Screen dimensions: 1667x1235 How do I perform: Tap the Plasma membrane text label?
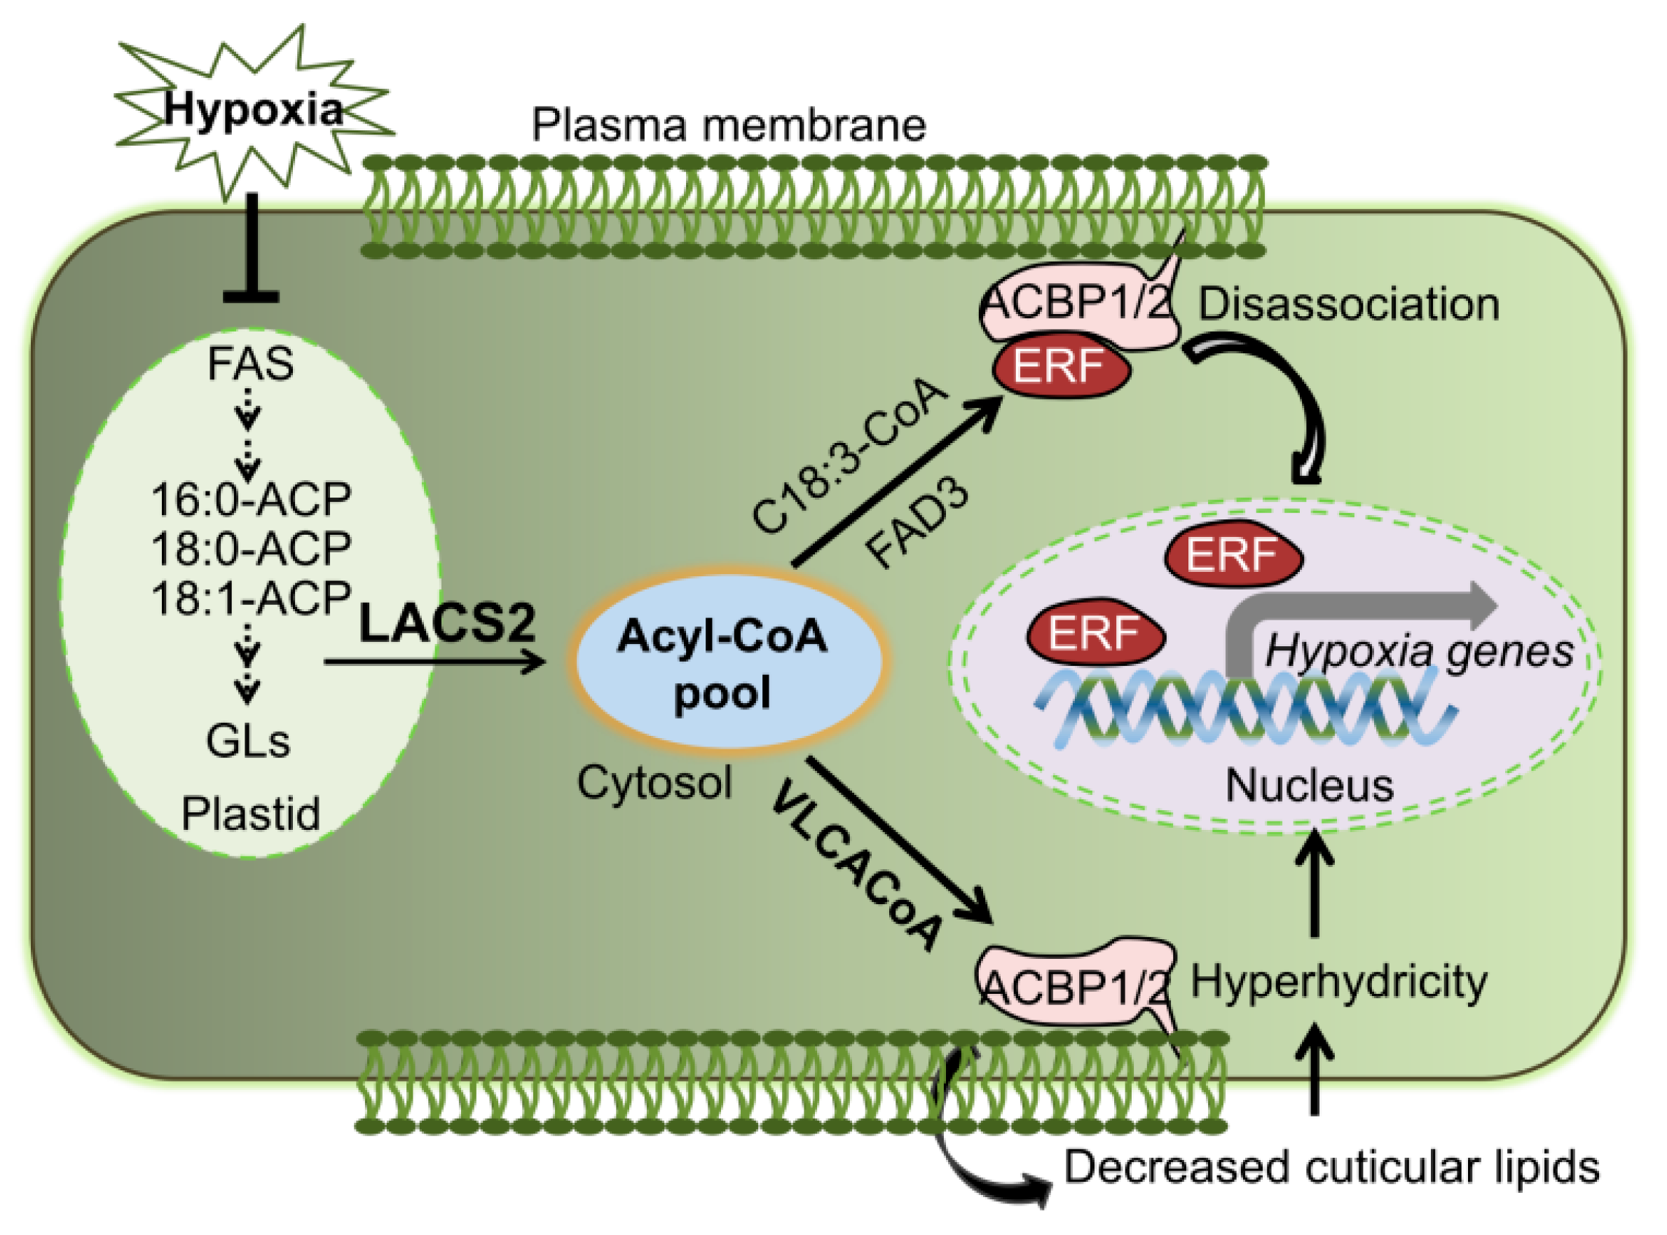point(729,125)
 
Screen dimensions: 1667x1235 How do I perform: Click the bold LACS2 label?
point(448,622)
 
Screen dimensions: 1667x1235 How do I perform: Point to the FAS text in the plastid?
point(250,364)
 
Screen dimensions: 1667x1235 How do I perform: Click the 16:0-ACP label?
point(251,499)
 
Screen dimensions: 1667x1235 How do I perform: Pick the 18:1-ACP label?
point(251,598)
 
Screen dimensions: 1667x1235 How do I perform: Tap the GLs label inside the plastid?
point(248,742)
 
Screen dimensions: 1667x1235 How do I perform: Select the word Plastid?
point(251,813)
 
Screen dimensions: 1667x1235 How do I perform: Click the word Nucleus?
point(1310,786)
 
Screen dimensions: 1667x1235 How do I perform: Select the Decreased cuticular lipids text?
point(1331,1167)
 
